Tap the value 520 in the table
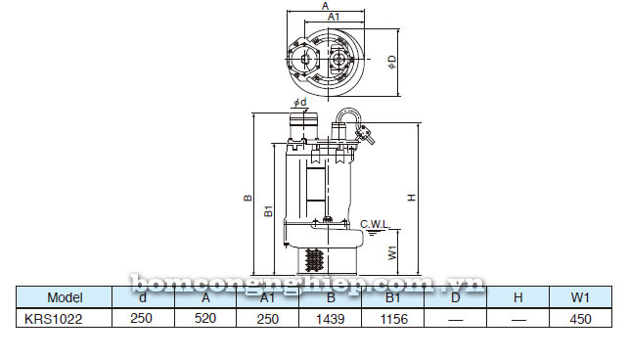coord(205,317)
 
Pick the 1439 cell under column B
coord(330,317)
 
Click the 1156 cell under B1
coord(392,317)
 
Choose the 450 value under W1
coord(580,317)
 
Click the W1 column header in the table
coord(580,297)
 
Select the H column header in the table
coord(517,297)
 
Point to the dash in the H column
coord(517,317)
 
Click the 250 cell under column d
coord(143,317)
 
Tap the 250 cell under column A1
coord(267,317)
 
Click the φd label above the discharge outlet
coord(299,102)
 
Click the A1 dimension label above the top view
coord(333,18)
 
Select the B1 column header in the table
coord(392,297)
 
